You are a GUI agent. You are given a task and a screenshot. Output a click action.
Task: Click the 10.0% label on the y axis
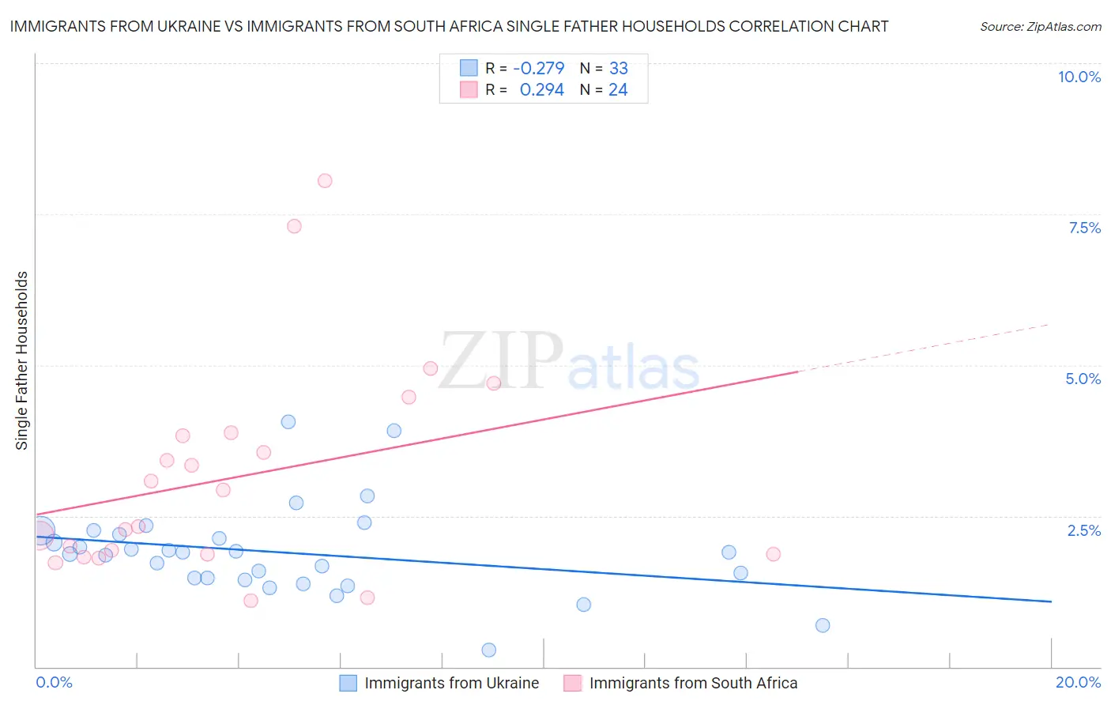(x=1079, y=77)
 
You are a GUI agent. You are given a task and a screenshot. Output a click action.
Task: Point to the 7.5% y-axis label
(x=1084, y=228)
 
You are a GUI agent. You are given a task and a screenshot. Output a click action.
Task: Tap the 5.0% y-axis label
(x=1083, y=379)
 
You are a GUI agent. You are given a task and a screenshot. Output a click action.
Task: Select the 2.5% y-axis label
(x=1083, y=530)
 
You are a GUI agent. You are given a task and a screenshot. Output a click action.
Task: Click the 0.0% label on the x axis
(x=54, y=682)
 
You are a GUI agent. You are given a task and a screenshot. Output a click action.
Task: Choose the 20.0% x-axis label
(x=1078, y=682)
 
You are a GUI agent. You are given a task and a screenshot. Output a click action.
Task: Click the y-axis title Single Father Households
(x=21, y=360)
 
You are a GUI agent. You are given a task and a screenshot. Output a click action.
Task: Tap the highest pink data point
(x=325, y=181)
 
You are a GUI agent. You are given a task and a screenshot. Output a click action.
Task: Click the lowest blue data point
(x=489, y=650)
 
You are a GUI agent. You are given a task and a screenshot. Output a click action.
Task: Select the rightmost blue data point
(x=823, y=625)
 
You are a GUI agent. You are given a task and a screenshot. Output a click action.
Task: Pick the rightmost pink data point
(x=774, y=554)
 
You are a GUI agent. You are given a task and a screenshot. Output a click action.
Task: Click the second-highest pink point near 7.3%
(x=294, y=226)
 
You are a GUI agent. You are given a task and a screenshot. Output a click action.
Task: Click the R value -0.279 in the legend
(x=538, y=69)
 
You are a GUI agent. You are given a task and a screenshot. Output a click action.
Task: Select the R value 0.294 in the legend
(x=541, y=90)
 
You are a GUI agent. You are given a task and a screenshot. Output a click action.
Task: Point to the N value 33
(x=618, y=69)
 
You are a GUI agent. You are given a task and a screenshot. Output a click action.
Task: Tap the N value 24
(x=618, y=90)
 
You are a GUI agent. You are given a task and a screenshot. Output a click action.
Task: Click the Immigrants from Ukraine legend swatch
(x=348, y=683)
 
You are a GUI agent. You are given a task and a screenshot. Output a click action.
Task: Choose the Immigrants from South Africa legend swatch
(x=573, y=683)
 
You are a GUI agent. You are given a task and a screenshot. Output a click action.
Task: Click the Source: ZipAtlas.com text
(x=1040, y=26)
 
